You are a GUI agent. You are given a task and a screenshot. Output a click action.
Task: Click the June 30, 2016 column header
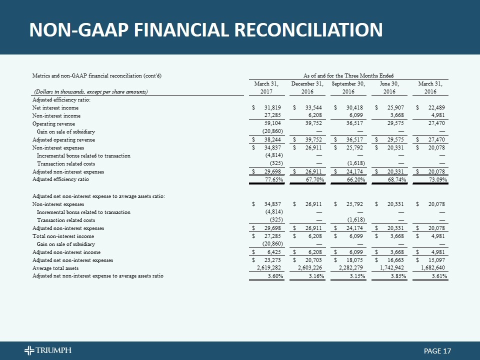(x=388, y=87)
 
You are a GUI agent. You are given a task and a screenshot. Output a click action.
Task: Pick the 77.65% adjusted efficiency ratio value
(x=271, y=179)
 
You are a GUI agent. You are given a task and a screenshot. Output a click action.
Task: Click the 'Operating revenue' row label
(x=53, y=123)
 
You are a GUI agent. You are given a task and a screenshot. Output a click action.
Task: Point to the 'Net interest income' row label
(x=55, y=107)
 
